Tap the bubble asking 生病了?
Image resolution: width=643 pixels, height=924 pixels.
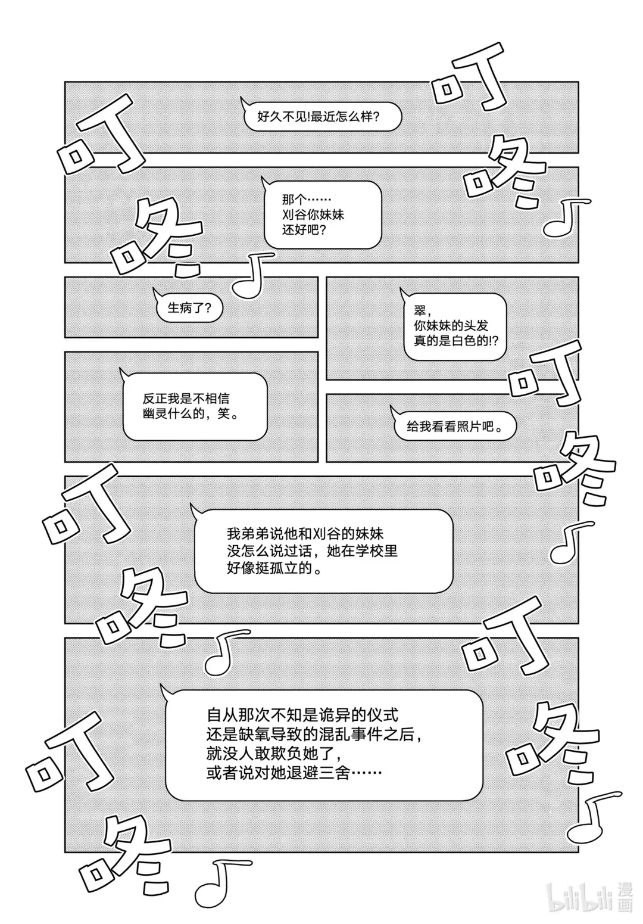pyautogui.click(x=186, y=308)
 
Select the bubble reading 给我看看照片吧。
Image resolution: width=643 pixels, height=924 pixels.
pyautogui.click(x=450, y=427)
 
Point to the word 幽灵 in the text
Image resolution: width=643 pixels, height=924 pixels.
pyautogui.click(x=155, y=414)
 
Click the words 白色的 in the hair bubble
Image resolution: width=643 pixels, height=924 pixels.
pyautogui.click(x=462, y=341)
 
